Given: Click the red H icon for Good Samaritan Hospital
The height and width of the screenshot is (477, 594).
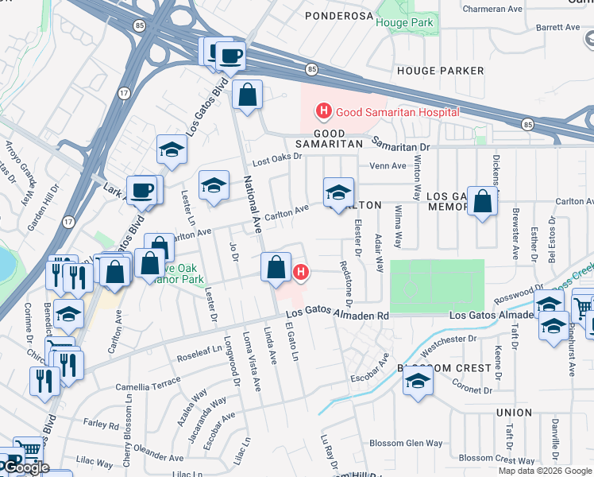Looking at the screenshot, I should (324, 111).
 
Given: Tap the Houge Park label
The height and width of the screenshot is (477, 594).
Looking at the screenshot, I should (404, 23).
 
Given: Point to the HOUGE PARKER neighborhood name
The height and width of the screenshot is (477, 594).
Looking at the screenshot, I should (440, 71).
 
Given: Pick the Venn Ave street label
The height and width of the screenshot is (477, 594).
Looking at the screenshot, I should (388, 166).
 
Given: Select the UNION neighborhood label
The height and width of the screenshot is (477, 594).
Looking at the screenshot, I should (514, 413).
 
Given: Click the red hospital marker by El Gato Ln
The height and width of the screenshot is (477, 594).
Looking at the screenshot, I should (300, 273).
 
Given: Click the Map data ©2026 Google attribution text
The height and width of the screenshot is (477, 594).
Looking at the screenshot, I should (544, 471).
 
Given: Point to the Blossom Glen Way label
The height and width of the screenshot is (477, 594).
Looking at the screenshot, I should (407, 443).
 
